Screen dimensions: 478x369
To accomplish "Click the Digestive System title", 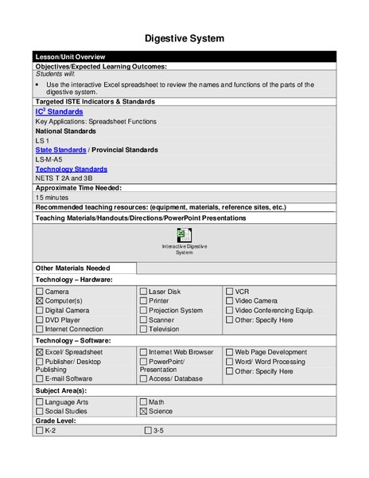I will click(x=184, y=38).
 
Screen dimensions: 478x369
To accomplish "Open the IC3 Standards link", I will click(x=59, y=112).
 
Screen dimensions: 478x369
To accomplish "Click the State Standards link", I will click(x=60, y=150).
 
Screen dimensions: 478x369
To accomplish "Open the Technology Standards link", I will click(x=71, y=169).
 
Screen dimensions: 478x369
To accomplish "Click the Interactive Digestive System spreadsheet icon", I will click(x=184, y=235).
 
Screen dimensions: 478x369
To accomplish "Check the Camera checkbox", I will click(x=40, y=292).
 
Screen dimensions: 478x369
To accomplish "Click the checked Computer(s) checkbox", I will click(x=40, y=301).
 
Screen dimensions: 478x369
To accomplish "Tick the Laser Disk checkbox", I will click(x=143, y=292).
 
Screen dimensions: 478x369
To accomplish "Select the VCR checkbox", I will click(x=229, y=292).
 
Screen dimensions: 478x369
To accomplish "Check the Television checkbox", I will click(x=143, y=329).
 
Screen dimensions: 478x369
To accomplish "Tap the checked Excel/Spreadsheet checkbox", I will click(x=40, y=352).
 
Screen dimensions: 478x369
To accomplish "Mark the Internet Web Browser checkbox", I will click(x=143, y=352).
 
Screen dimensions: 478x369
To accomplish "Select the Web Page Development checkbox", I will click(x=229, y=352).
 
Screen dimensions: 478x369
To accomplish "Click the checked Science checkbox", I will click(x=143, y=411).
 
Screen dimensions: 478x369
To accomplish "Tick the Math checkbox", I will click(x=143, y=402).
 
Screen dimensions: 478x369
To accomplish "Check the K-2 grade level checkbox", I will click(x=40, y=430).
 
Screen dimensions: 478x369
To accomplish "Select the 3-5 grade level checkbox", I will click(x=148, y=430).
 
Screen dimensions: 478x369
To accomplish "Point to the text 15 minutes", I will click(x=52, y=197).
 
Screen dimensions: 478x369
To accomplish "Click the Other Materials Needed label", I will click(x=72, y=268).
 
